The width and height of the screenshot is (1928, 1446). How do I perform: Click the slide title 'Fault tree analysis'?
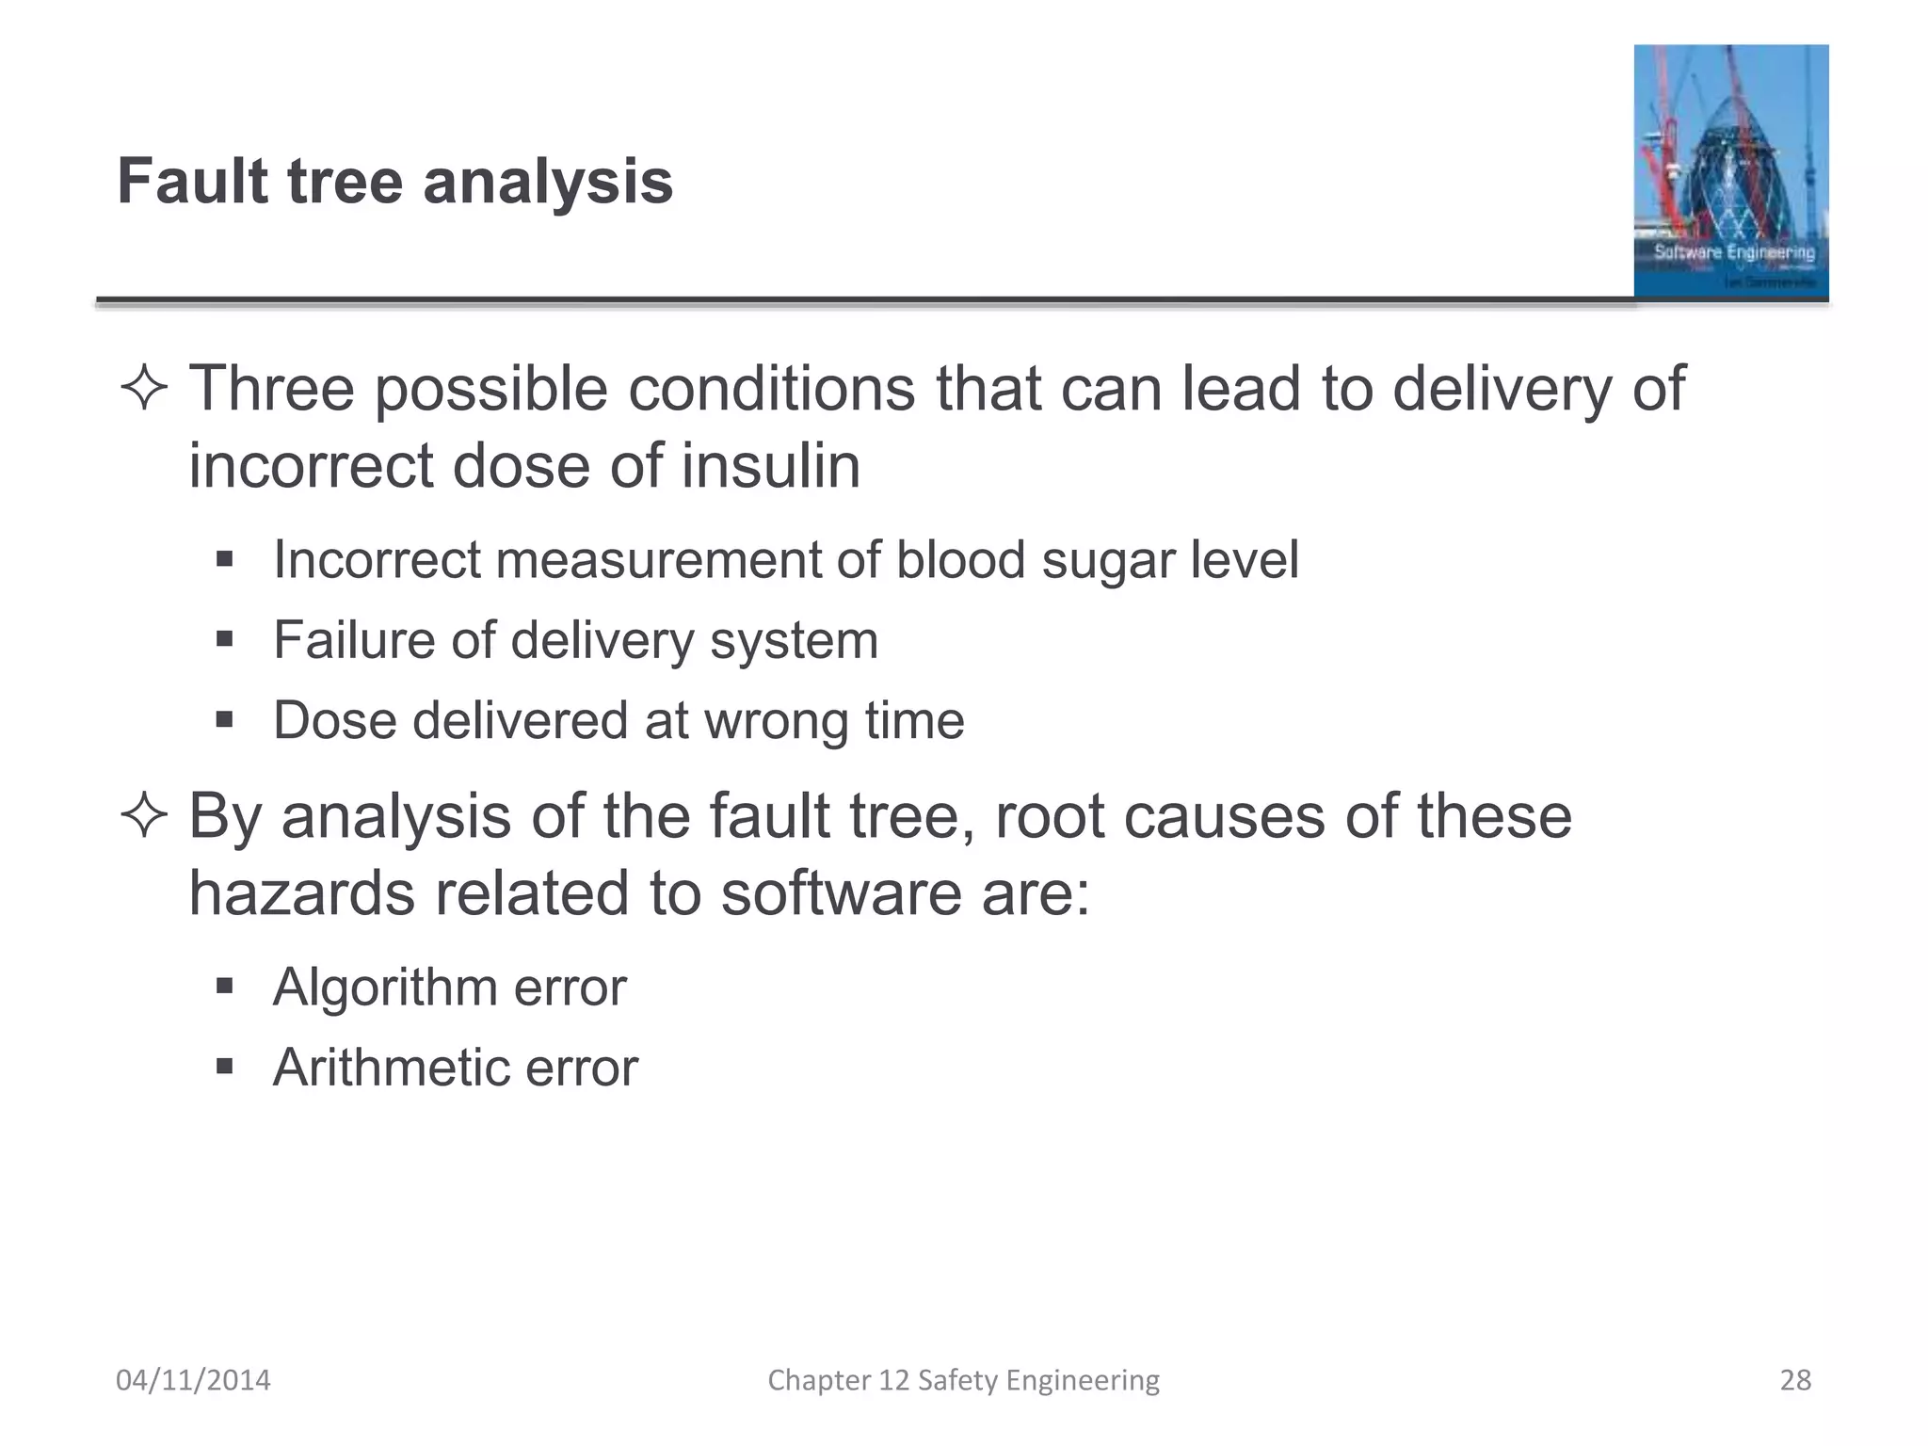click(x=394, y=181)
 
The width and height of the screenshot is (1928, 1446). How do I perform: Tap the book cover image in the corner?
click(x=1730, y=171)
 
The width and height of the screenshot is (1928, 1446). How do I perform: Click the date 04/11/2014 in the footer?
click(x=193, y=1380)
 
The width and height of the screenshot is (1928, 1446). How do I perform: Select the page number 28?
click(x=1795, y=1380)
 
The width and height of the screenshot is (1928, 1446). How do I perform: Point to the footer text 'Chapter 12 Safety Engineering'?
click(x=963, y=1380)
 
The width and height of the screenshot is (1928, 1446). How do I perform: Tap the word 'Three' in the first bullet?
click(x=271, y=388)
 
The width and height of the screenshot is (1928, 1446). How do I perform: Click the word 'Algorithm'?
click(x=385, y=988)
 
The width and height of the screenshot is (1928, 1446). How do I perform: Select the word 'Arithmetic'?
click(x=391, y=1068)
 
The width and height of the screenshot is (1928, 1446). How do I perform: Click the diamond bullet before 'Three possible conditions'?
click(x=144, y=389)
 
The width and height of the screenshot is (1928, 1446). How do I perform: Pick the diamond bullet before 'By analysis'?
click(x=144, y=816)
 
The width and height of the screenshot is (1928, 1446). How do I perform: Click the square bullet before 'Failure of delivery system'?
click(x=224, y=640)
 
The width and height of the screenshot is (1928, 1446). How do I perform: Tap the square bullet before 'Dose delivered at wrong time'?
click(x=224, y=720)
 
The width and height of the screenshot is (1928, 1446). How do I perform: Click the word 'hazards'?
click(x=301, y=892)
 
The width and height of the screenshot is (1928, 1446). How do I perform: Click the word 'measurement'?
click(x=658, y=560)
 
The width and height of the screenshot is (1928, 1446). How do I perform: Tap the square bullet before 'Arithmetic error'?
click(x=224, y=1068)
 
